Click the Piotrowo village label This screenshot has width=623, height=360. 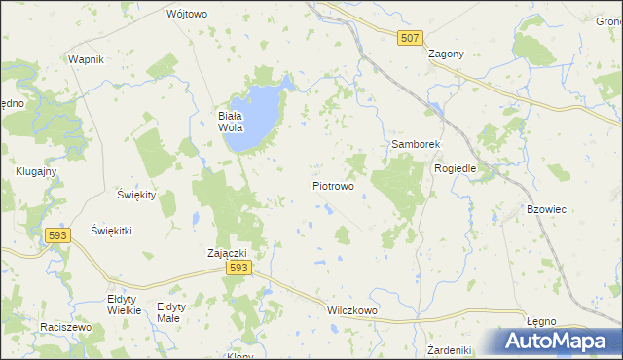(x=333, y=185)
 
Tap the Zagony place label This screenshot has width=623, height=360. (x=446, y=54)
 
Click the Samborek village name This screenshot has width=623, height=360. (x=417, y=144)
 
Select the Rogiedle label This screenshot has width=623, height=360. (x=455, y=168)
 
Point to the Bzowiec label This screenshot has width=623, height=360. (x=546, y=209)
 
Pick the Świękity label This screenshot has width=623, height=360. (x=136, y=195)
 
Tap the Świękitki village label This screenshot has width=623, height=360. (x=111, y=231)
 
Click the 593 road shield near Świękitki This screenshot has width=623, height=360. (x=57, y=234)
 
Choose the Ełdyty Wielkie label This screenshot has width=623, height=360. (x=125, y=305)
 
